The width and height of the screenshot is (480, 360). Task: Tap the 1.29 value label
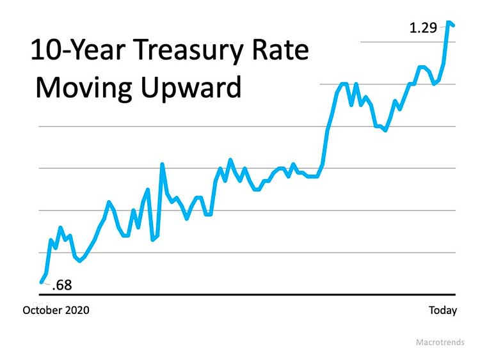pyautogui.click(x=423, y=28)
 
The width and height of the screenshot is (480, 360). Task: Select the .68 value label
pyautogui.click(x=61, y=285)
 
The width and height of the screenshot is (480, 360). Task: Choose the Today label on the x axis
pyautogui.click(x=443, y=310)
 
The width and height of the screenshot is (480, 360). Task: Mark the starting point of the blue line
pyautogui.click(x=42, y=281)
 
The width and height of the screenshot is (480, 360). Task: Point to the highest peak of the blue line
pyautogui.click(x=449, y=22)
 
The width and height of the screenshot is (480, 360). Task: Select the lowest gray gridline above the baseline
pyautogui.click(x=256, y=253)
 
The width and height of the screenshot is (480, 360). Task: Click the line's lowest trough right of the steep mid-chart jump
pyautogui.click(x=385, y=130)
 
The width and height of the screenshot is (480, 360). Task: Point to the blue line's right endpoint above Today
pyautogui.click(x=454, y=26)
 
